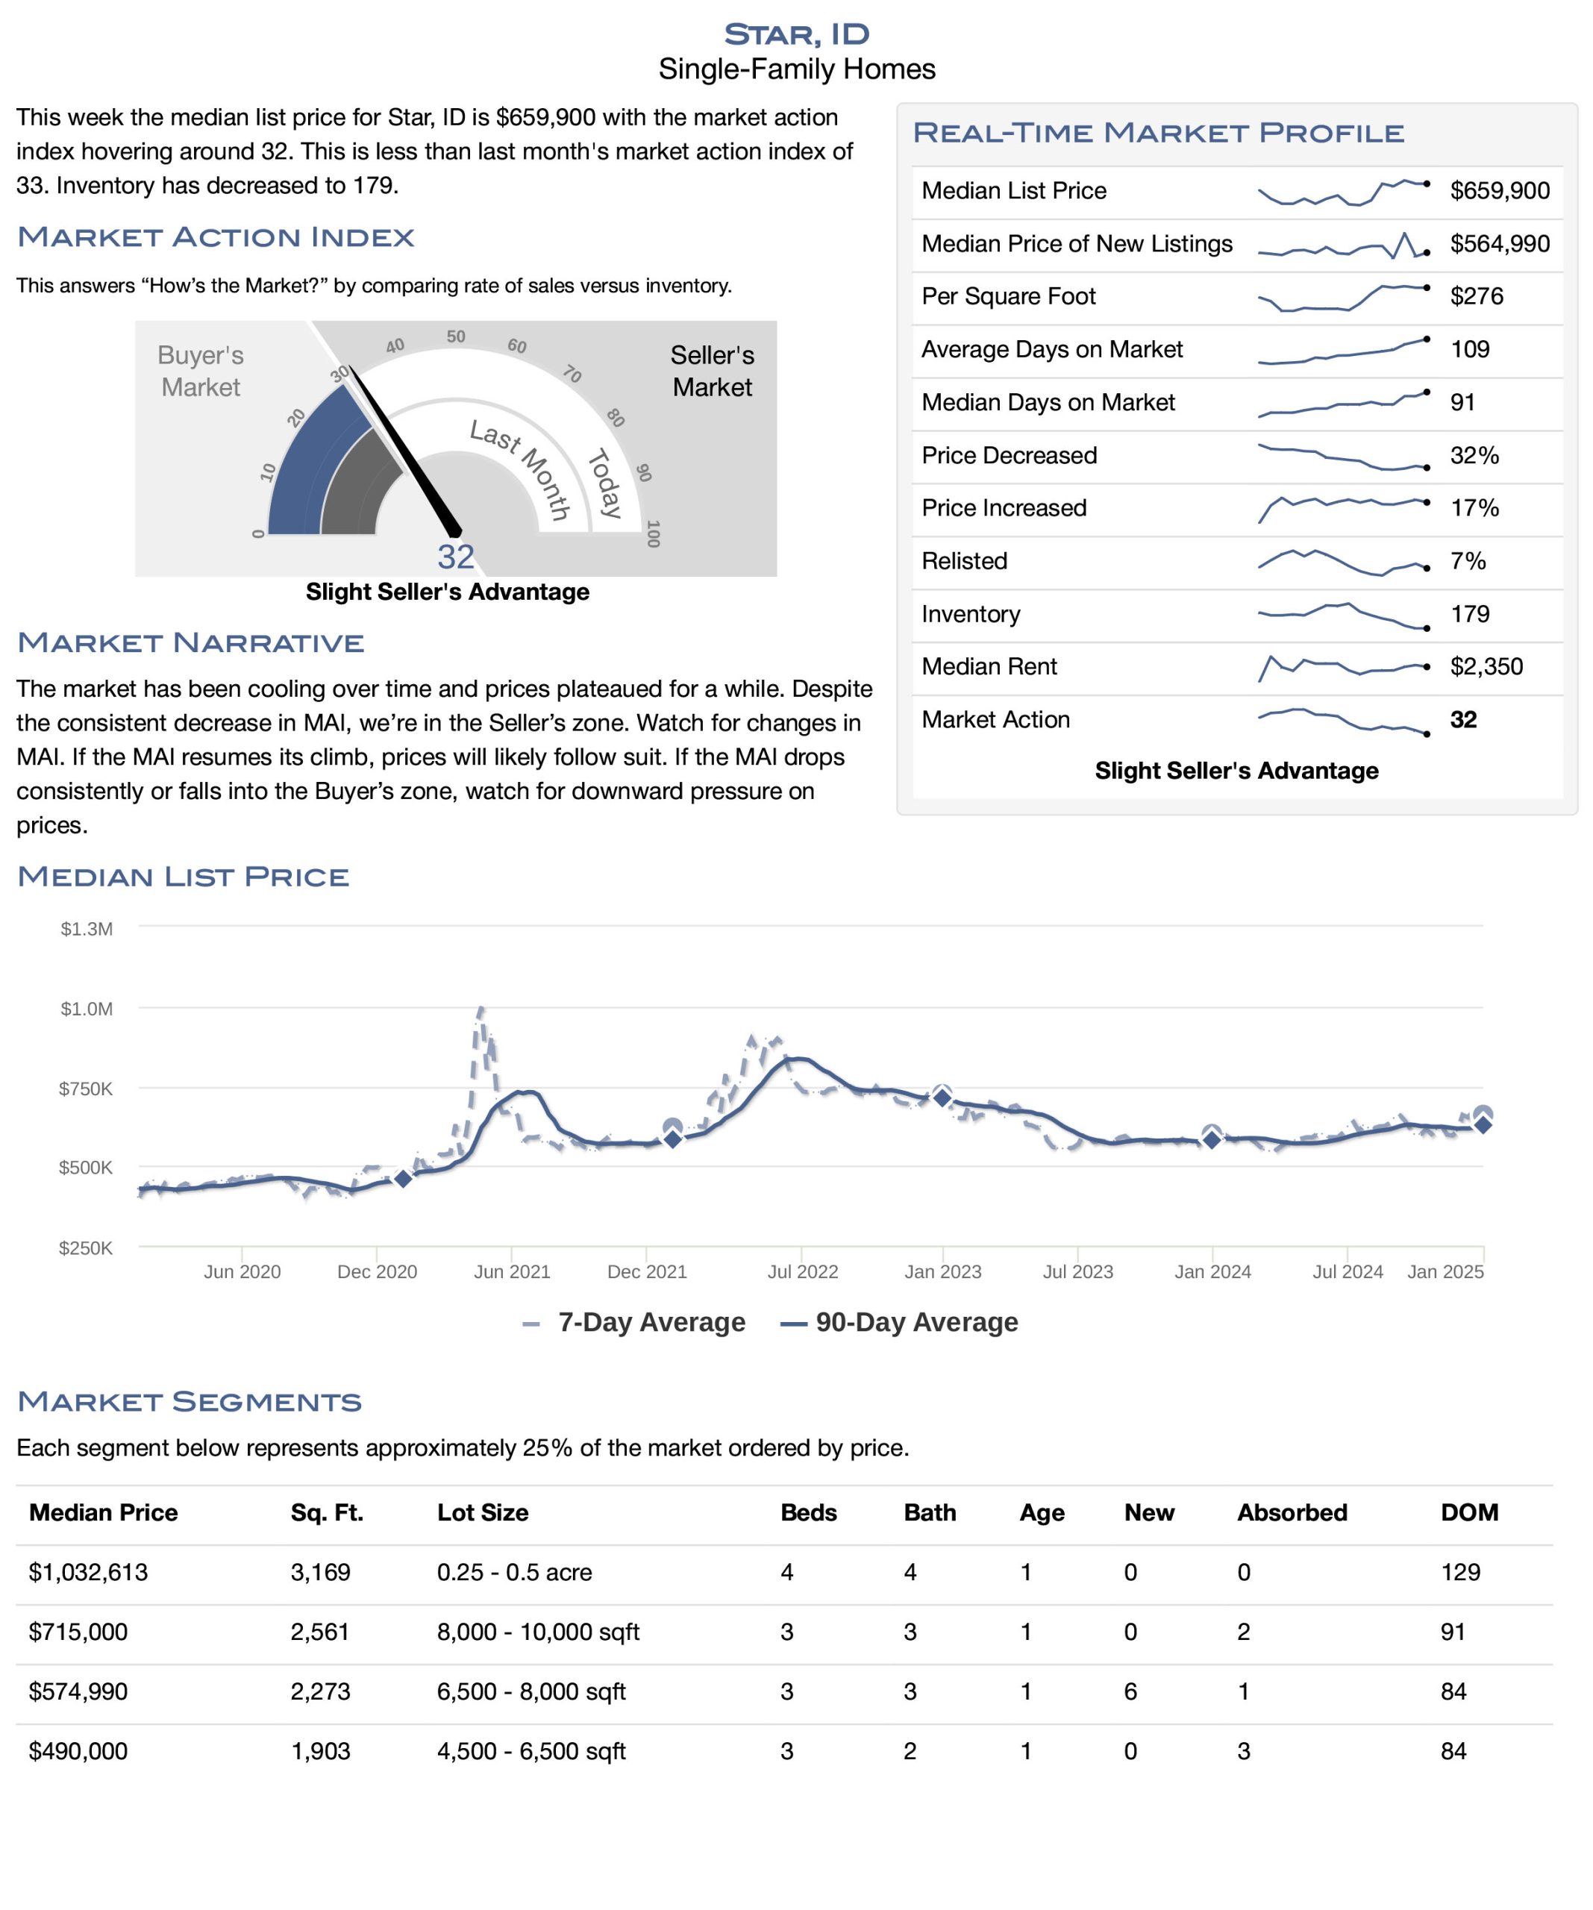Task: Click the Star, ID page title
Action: tap(796, 34)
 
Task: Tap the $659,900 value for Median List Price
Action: tap(1499, 190)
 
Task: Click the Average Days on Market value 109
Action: tap(1469, 349)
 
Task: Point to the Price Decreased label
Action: tap(1009, 455)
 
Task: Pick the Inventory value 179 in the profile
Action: tap(1469, 614)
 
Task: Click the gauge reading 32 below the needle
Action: tap(456, 557)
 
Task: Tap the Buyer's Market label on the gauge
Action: tap(200, 371)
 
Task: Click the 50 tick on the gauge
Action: tap(456, 336)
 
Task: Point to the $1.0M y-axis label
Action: tap(87, 1009)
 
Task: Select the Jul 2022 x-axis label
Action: tap(802, 1271)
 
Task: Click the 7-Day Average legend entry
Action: tap(634, 1322)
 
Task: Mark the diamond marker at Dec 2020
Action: tap(402, 1179)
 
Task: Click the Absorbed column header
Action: tap(1292, 1512)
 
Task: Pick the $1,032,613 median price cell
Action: tap(88, 1573)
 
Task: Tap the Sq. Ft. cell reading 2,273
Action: tap(320, 1691)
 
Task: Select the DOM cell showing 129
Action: tap(1460, 1573)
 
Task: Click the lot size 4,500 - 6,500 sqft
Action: tap(531, 1751)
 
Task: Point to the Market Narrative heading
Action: tap(191, 642)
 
